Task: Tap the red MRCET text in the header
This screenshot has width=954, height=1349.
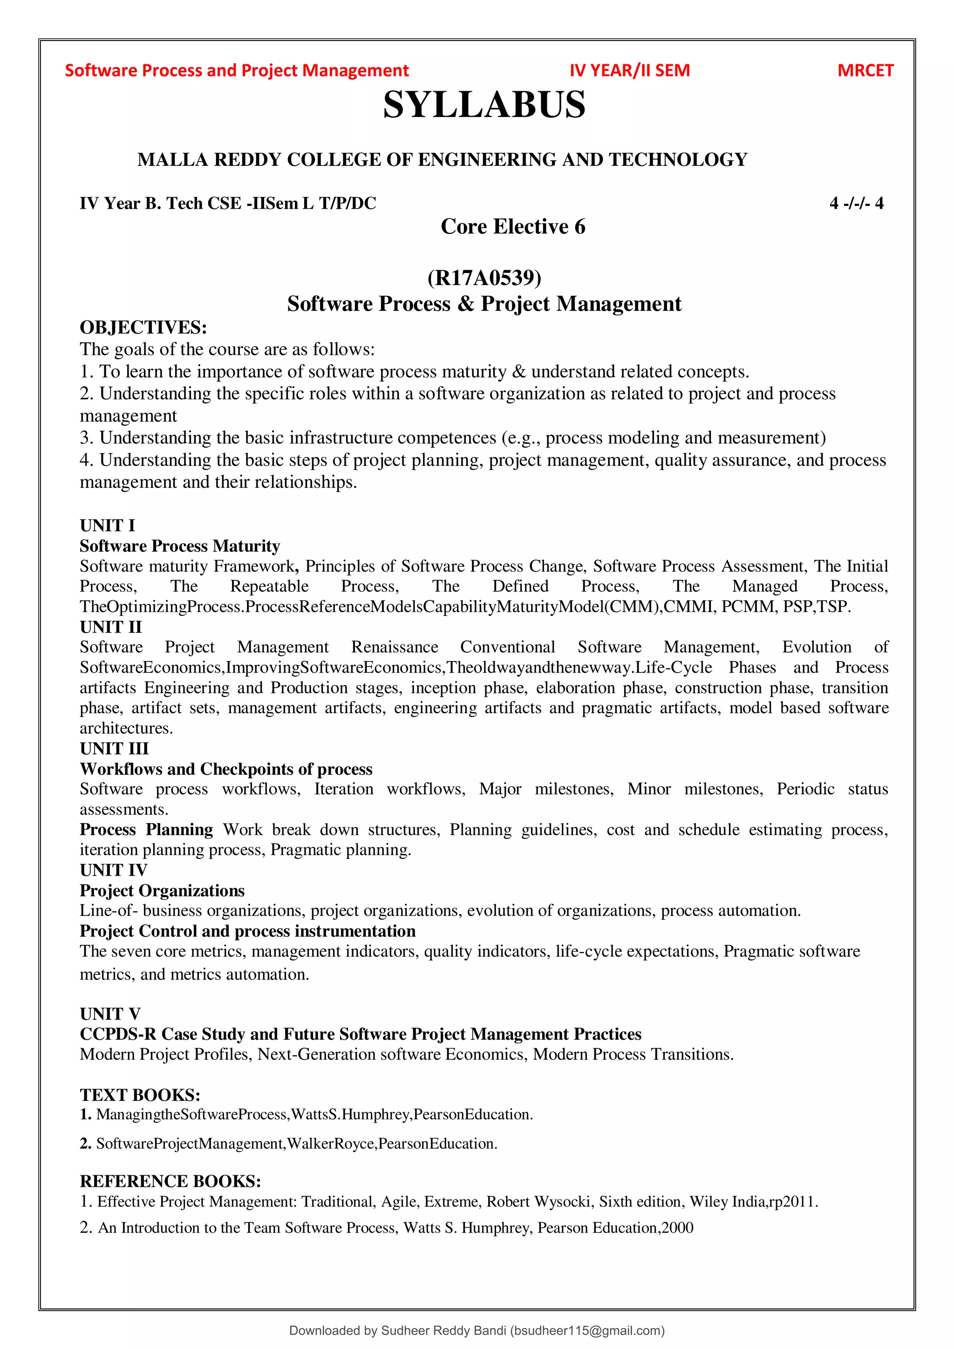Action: pyautogui.click(x=865, y=70)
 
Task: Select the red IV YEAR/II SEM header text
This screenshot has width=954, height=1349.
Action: pyautogui.click(x=629, y=70)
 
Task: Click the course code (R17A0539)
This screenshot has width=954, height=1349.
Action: pyautogui.click(x=484, y=277)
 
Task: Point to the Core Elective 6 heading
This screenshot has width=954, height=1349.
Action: pyautogui.click(x=513, y=227)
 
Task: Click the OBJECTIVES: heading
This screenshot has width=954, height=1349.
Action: pyautogui.click(x=143, y=327)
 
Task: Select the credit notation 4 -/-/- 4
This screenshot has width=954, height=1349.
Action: pyautogui.click(x=856, y=203)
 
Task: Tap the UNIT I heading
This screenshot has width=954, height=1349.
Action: pyautogui.click(x=108, y=525)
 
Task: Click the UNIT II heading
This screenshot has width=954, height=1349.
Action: pyautogui.click(x=111, y=627)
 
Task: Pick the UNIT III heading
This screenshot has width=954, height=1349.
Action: pyautogui.click(x=115, y=749)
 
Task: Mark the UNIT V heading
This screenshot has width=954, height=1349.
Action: pyautogui.click(x=110, y=1014)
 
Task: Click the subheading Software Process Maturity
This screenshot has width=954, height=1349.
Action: pyautogui.click(x=180, y=546)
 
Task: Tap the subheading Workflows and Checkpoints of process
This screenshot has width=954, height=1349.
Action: pyautogui.click(x=226, y=769)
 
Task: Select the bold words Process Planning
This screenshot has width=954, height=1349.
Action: pyautogui.click(x=146, y=830)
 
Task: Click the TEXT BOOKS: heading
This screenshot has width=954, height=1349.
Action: pyautogui.click(x=140, y=1095)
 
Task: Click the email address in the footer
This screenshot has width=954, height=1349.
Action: pyautogui.click(x=587, y=1331)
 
